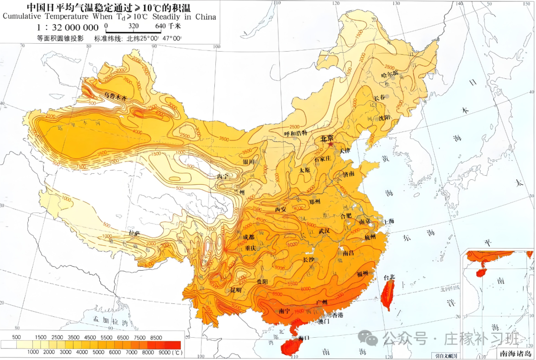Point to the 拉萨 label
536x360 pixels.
click(x=134, y=232)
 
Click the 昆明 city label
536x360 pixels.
click(x=236, y=289)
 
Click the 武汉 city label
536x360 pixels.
click(x=324, y=231)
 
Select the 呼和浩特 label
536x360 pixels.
click(x=296, y=133)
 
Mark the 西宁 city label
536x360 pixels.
click(x=224, y=176)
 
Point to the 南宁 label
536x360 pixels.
click(x=270, y=311)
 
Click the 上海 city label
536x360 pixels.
click(x=390, y=221)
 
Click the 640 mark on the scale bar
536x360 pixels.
click(x=160, y=25)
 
